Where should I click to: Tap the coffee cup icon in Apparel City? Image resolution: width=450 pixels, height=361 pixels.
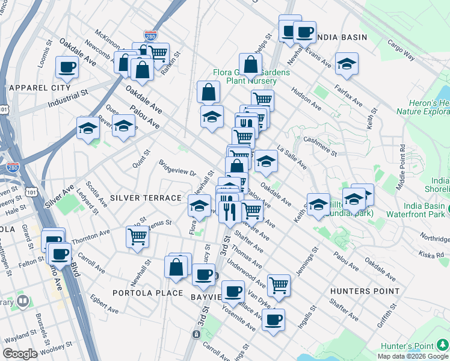[67, 67]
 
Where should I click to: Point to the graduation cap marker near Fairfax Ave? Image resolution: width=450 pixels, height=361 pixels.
[347, 64]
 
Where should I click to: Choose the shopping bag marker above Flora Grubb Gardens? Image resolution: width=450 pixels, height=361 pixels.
[250, 64]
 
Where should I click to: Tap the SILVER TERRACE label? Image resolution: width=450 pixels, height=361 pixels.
[146, 198]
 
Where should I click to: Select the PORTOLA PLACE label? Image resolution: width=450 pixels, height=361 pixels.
[148, 293]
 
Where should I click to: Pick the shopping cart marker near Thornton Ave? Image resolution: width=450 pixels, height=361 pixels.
[138, 236]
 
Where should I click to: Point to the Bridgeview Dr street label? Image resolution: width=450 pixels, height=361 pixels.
[177, 167]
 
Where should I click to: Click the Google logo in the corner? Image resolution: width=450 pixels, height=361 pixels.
[20, 354]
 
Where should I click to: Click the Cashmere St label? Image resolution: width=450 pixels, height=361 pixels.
[320, 144]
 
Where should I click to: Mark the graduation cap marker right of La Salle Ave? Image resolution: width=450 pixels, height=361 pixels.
[266, 161]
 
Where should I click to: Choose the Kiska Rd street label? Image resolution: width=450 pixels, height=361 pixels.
[431, 255]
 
